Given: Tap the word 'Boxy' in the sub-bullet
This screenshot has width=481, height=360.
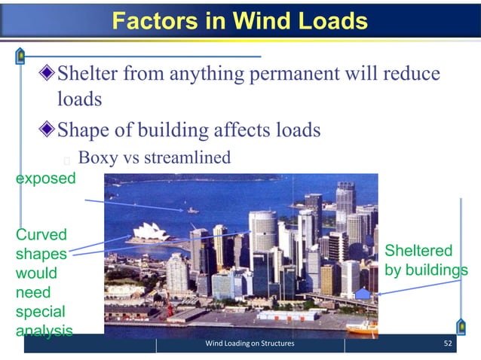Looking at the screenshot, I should pos(96,158).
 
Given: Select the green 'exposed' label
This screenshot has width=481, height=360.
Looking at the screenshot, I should pos(46,179).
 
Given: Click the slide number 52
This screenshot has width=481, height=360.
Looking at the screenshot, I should pos(449,345).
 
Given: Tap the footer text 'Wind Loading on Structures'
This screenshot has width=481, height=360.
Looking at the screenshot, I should pos(250,345).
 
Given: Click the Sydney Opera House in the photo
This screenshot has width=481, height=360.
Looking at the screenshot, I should pos(155,233).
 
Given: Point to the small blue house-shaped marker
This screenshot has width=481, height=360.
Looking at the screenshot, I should pos(363,294).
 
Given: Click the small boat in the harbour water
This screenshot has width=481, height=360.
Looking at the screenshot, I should pos(193,211).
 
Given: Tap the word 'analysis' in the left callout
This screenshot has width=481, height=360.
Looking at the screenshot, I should pos(44,331).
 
